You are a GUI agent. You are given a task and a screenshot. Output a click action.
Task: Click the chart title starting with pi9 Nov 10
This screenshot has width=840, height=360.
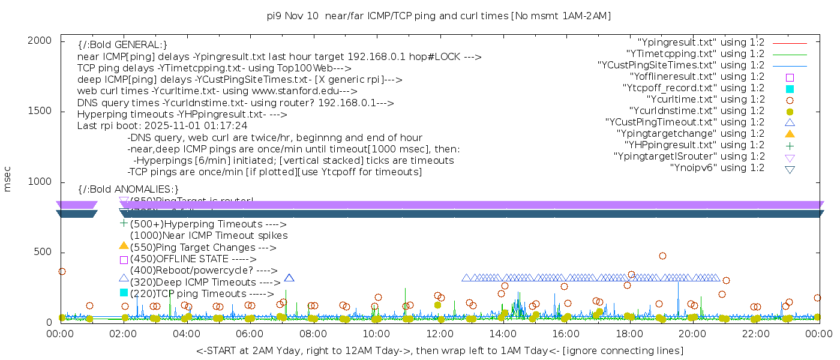coord(439,16)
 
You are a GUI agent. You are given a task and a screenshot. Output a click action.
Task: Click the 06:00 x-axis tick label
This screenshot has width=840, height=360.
coord(250,333)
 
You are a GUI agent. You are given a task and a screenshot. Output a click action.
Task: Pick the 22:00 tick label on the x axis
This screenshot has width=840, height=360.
coord(756,333)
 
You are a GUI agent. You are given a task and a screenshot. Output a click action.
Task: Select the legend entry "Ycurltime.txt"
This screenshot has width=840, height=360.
coord(706,100)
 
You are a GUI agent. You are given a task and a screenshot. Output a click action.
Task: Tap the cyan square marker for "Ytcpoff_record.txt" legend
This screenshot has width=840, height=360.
coord(790,89)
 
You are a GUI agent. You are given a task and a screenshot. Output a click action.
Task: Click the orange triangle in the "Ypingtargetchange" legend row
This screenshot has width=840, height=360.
coord(790,134)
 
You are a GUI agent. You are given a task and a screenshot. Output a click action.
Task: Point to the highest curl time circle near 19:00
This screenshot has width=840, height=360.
coord(662,256)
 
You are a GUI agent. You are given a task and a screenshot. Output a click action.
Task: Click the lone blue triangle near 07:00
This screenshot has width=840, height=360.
coord(289,278)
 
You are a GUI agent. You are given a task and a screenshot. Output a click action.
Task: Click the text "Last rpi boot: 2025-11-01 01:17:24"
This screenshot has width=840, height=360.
coord(162,127)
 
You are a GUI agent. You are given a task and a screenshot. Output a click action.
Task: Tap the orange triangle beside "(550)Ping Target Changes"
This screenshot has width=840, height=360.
coord(124,245)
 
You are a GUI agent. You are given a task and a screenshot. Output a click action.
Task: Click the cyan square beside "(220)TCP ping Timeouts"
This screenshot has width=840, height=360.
coord(124,292)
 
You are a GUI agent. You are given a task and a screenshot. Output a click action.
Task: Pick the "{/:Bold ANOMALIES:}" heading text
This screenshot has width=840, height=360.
coord(128,190)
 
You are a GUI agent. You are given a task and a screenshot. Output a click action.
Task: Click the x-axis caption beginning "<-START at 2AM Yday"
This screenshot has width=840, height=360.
coord(439,350)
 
